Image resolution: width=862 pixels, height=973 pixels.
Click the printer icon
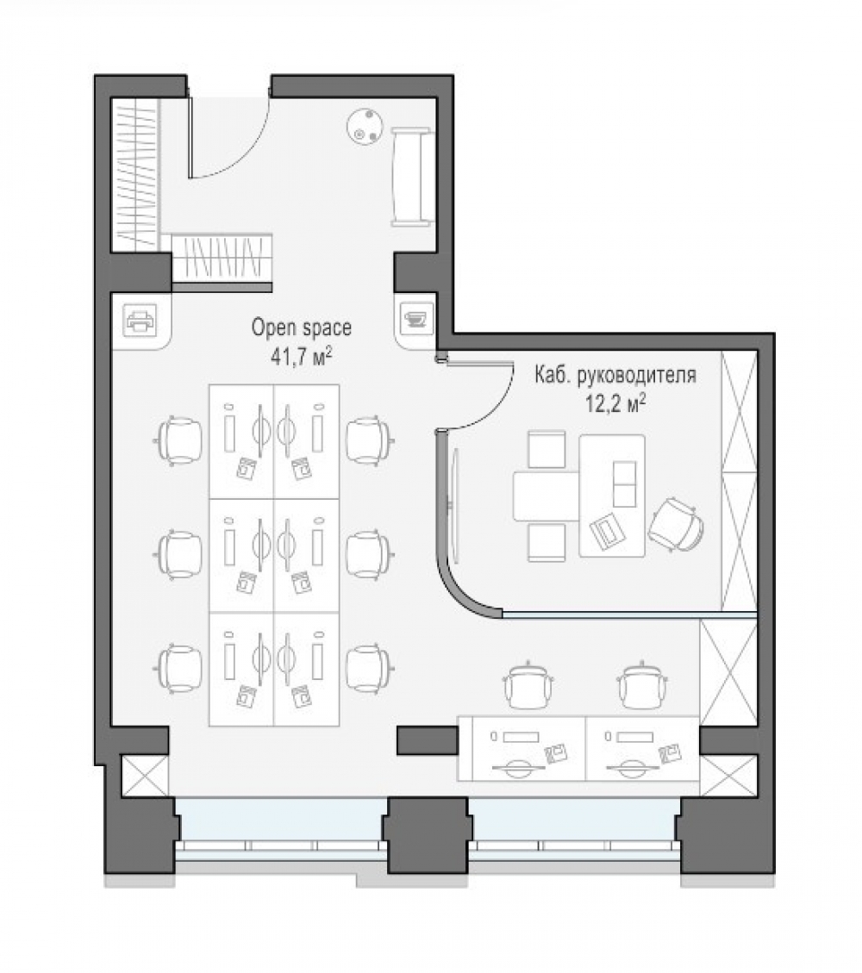(140, 321)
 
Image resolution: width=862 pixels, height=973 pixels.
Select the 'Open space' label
(301, 327)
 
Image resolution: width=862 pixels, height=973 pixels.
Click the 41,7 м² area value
(301, 356)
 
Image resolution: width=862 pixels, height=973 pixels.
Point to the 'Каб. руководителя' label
(615, 376)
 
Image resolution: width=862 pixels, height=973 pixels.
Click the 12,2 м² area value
(615, 403)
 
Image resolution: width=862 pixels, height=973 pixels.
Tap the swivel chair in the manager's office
(676, 525)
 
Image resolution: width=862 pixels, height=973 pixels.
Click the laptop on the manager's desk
(606, 532)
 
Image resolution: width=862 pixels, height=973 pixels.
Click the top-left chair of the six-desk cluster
(179, 440)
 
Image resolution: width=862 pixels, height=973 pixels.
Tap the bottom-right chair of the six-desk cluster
(369, 668)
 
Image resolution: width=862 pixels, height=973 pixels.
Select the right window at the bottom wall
(573, 828)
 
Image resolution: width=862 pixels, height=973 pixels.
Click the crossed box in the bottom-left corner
(144, 776)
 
